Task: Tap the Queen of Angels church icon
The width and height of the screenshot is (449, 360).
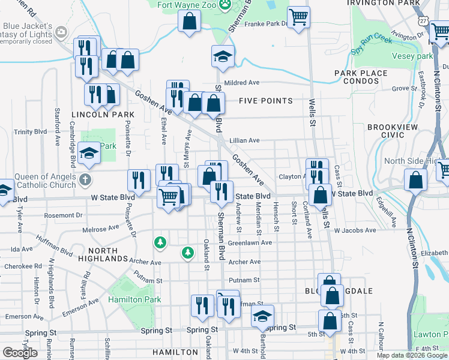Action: [86, 179]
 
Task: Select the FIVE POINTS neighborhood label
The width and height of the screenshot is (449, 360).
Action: [265, 101]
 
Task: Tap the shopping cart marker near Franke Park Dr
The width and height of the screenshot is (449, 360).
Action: [298, 17]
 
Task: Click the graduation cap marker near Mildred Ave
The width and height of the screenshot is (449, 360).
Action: [222, 57]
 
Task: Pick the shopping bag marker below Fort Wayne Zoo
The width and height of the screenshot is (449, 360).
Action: [189, 22]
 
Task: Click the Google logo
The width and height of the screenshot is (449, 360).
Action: [20, 352]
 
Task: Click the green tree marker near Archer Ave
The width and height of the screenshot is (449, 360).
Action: [188, 253]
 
